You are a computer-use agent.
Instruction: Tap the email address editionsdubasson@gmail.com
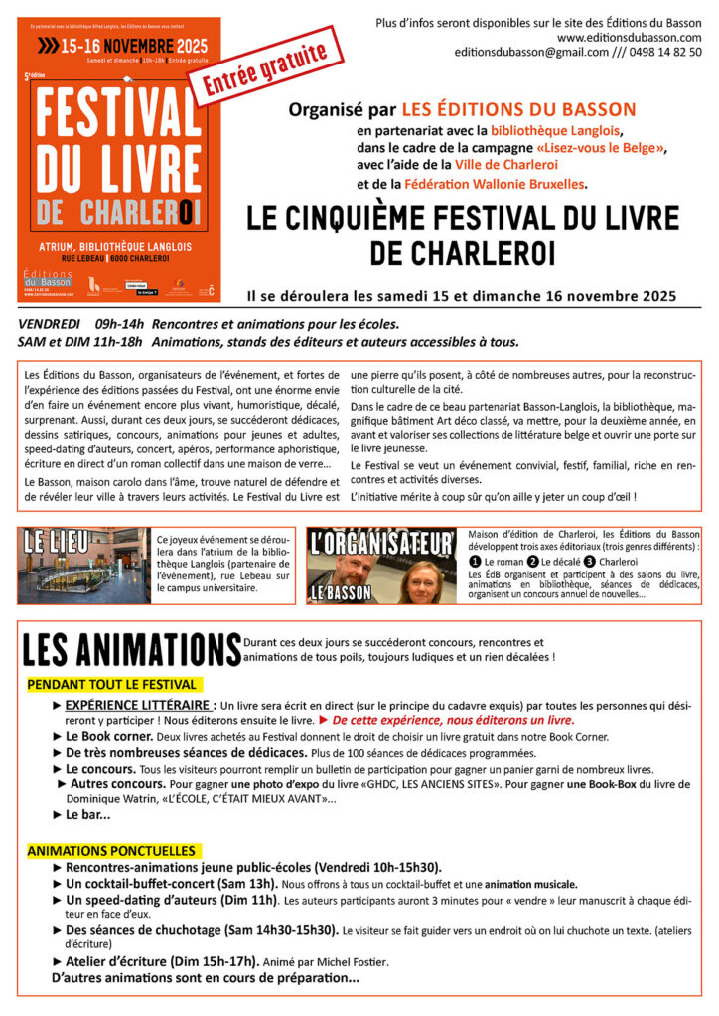coord(536,52)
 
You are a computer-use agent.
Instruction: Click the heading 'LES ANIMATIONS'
coord(129,649)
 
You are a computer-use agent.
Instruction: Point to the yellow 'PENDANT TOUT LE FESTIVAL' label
coord(112,685)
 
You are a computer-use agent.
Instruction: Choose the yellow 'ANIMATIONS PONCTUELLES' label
coord(111,851)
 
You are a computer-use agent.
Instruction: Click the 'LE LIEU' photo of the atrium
coord(83,566)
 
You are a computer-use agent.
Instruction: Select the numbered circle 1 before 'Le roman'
coord(475,562)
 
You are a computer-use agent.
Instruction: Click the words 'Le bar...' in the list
coord(88,814)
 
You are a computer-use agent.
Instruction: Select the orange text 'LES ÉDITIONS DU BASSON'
coord(517,109)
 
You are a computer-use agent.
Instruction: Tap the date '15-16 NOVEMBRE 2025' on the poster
coord(121,46)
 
